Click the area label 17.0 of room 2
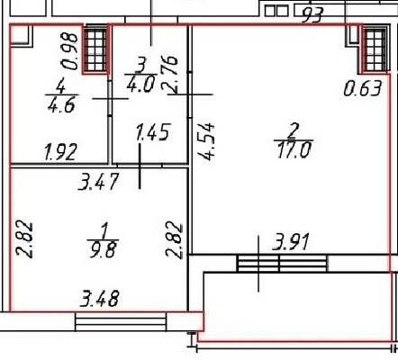click(294, 150)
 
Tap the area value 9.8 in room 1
click(103, 249)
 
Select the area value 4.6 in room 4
click(61, 104)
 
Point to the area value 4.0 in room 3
click(140, 84)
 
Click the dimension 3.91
click(291, 242)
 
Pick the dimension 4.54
click(206, 141)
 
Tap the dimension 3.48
click(100, 298)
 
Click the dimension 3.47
click(98, 181)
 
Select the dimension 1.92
click(60, 152)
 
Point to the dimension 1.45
click(153, 132)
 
